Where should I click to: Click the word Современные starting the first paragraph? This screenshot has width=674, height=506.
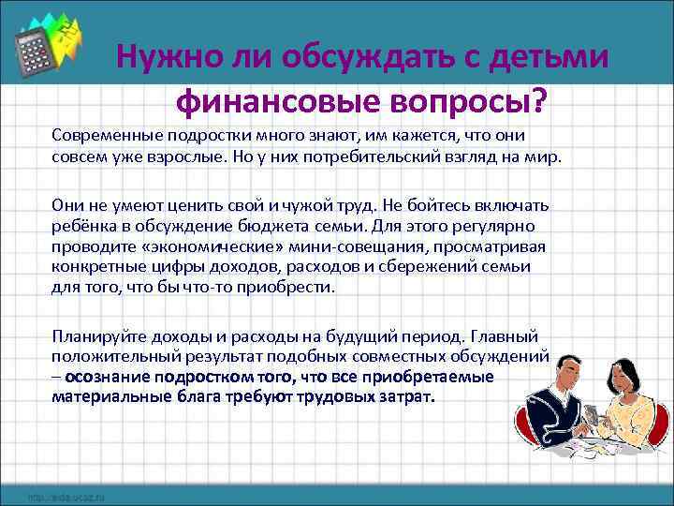click(x=104, y=137)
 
